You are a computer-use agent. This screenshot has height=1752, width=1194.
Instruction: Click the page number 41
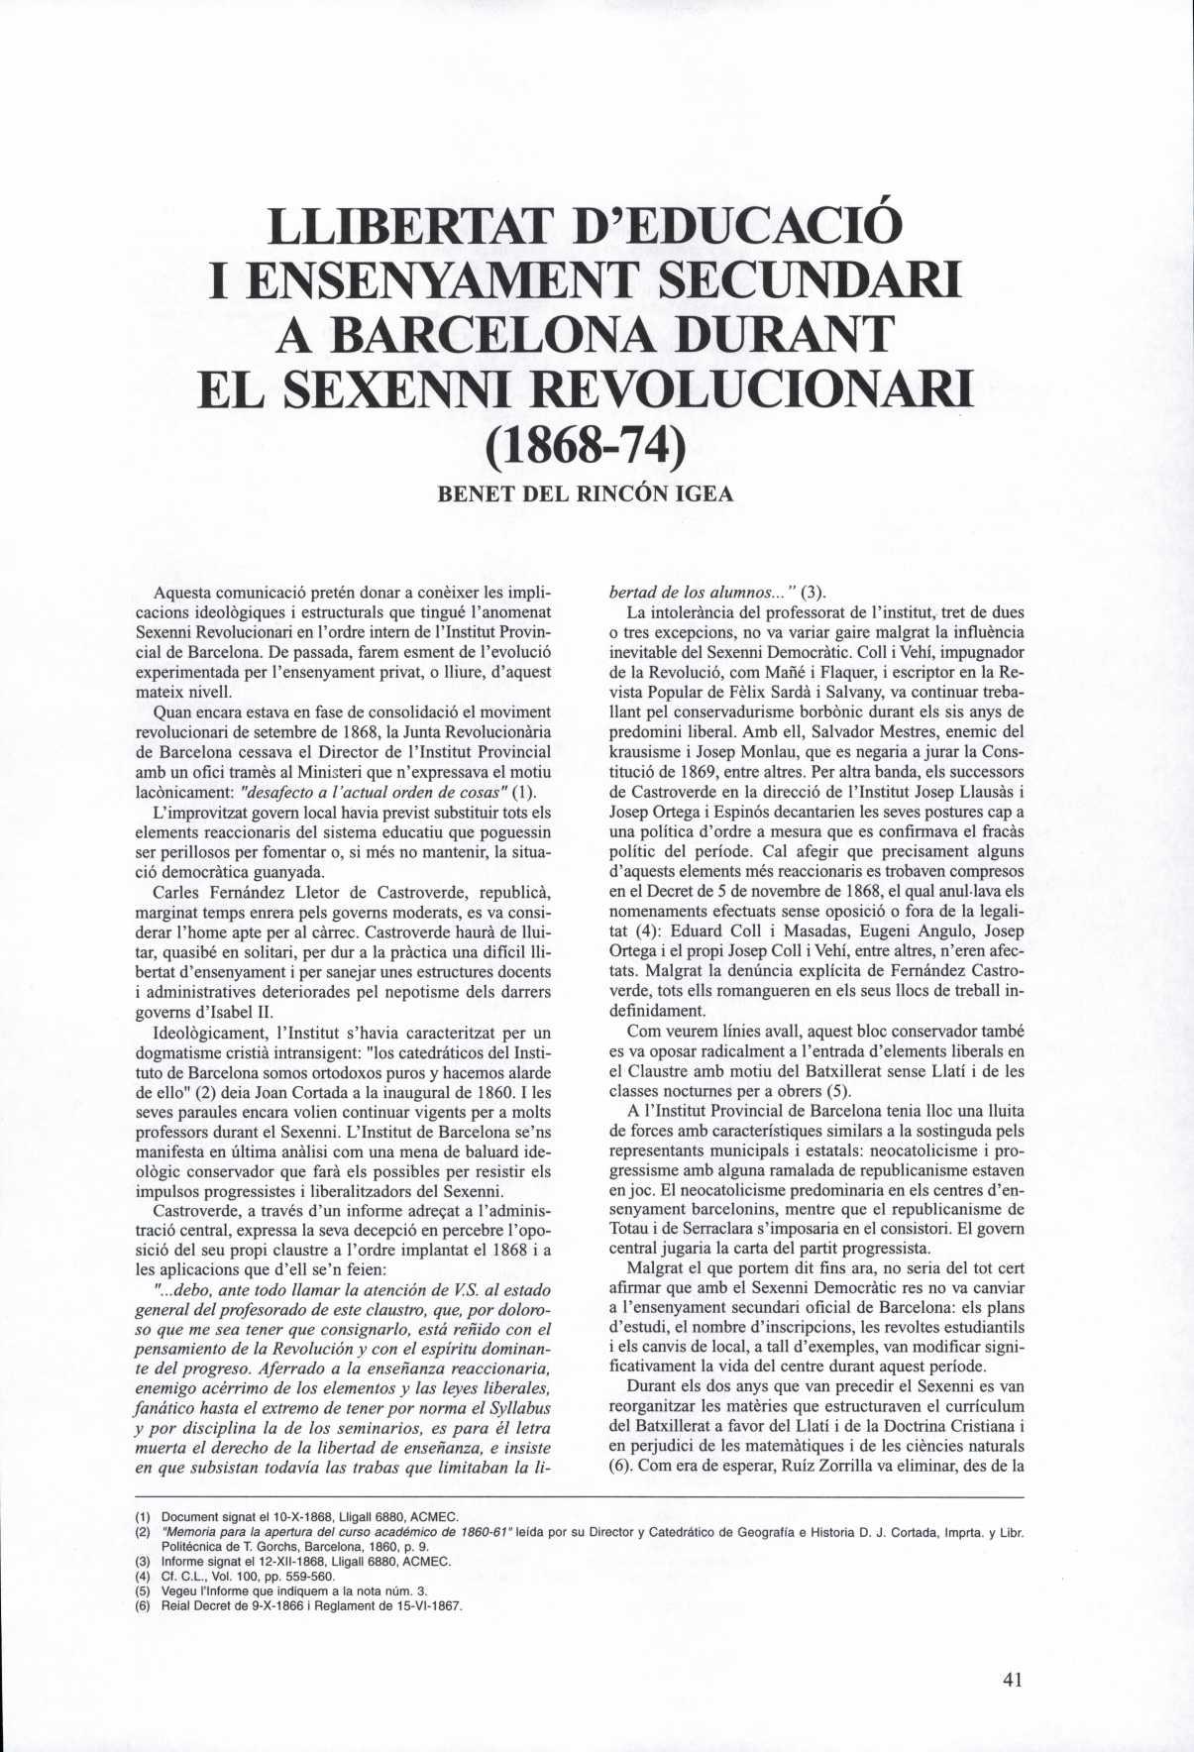1012,1680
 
